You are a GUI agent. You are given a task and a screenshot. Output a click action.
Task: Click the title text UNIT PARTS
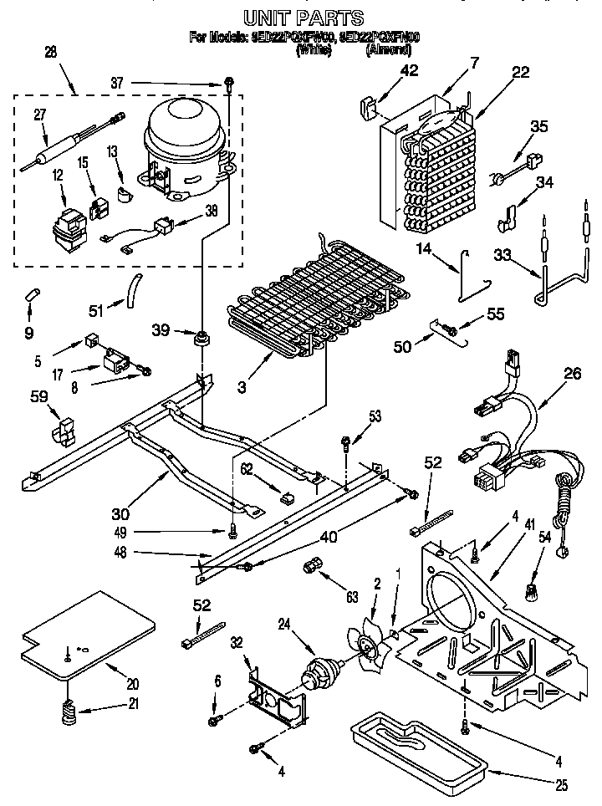tap(303, 17)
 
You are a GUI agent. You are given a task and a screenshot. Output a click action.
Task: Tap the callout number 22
tap(520, 73)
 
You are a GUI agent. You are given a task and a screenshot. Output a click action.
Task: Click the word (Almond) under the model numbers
tap(388, 50)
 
